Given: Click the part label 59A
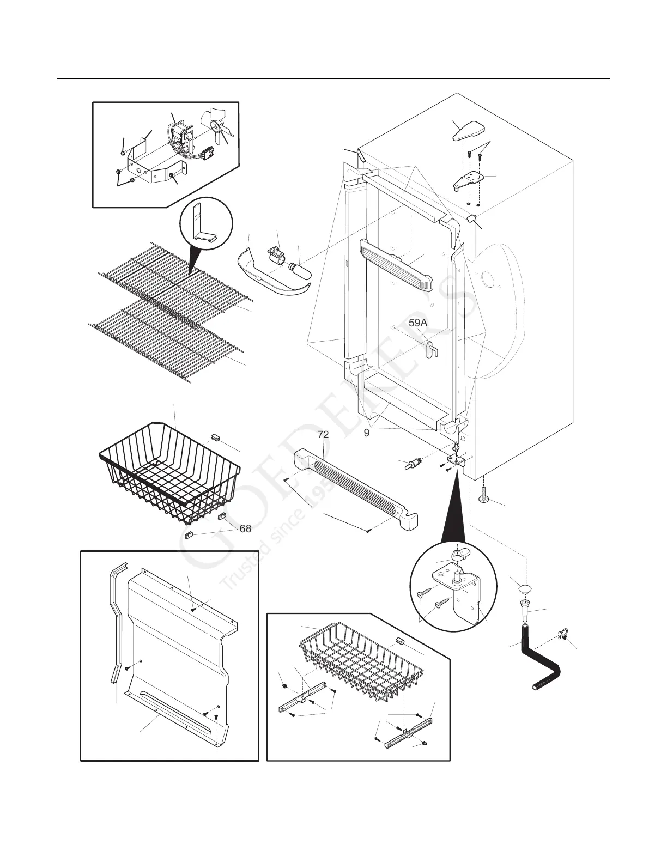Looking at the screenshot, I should pyautogui.click(x=418, y=323).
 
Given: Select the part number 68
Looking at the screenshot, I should pyautogui.click(x=245, y=528).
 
